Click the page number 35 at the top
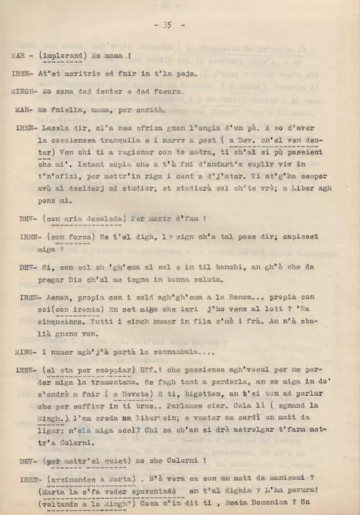pyautogui.click(x=167, y=26)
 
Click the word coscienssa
pyautogui.click(x=64, y=140)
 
